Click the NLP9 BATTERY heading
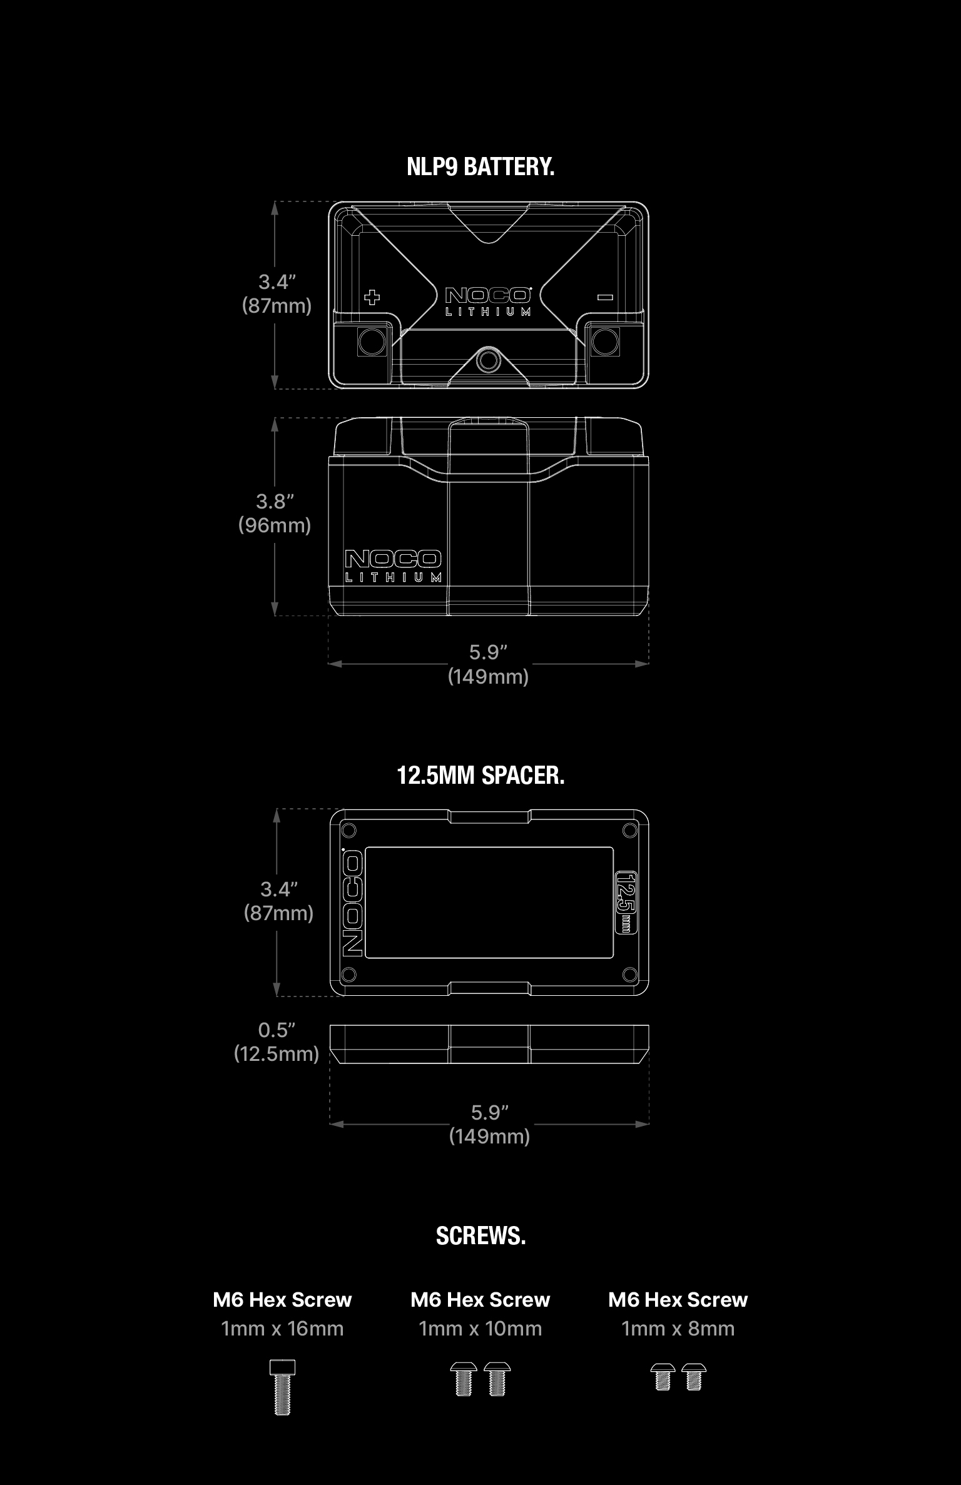coord(480,167)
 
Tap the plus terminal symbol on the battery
coord(372,297)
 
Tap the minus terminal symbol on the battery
coord(605,297)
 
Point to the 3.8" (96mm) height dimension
coord(275,514)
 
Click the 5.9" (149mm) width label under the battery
coord(488,664)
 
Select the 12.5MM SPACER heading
coord(480,776)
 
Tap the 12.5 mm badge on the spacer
coord(626,901)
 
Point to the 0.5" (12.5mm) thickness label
coord(277,1042)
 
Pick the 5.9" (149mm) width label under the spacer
coord(489,1124)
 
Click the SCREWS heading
coord(480,1236)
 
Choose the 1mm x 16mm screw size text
coord(282,1329)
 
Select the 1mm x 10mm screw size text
coord(480,1329)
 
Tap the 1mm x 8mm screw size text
coord(678,1329)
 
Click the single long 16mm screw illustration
coord(282,1387)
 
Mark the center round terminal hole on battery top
coord(487,360)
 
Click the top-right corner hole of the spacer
coord(629,830)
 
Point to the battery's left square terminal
coord(372,342)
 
